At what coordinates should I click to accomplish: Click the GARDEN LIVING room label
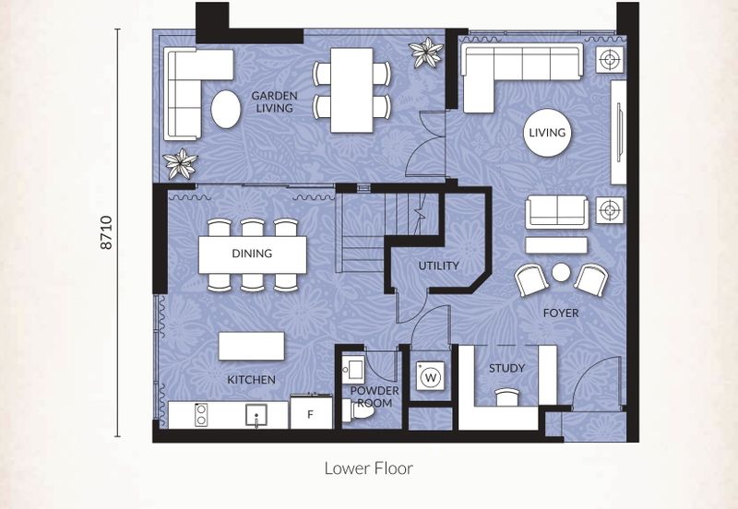pos(274,101)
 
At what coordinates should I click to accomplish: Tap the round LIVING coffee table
pos(547,132)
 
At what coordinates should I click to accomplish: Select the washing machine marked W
pos(430,376)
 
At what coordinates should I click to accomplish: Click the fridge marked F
pos(311,413)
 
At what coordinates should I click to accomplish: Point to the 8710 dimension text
pos(107,232)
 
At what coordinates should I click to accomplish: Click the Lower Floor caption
pos(368,468)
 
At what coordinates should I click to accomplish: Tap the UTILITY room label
pos(439,266)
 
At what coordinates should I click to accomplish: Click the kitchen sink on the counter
pos(256,415)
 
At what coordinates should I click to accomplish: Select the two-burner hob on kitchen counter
pos(201,415)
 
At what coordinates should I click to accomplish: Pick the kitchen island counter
pos(252,346)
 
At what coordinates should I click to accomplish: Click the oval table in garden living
pos(226,109)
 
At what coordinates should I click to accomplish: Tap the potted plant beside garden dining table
pos(426,53)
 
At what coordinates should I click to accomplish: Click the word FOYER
pos(561,313)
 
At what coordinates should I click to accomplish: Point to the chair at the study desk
pos(507,397)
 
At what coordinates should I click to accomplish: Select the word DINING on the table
pos(252,254)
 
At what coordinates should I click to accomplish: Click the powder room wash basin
pos(353,369)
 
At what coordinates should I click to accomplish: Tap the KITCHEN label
pos(251,380)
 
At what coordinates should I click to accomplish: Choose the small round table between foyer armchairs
pos(561,272)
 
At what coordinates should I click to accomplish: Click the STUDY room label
pos(506,368)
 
